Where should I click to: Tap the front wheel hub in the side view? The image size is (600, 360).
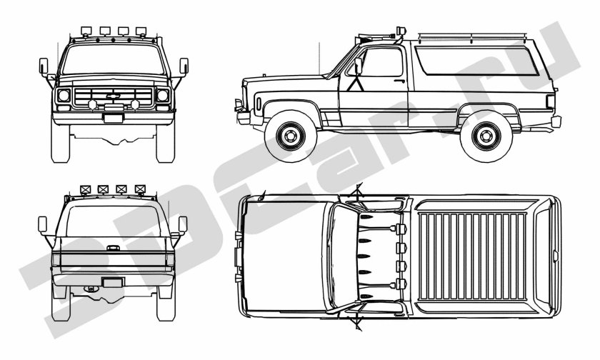[290, 135]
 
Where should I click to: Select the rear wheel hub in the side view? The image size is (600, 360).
[486, 135]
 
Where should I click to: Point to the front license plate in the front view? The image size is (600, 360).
[113, 118]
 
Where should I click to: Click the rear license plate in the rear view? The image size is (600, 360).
[112, 282]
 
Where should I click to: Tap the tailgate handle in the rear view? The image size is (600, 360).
[112, 248]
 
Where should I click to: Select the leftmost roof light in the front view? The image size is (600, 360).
[86, 31]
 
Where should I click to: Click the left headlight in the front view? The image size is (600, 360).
[64, 96]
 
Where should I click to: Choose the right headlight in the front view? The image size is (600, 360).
[162, 96]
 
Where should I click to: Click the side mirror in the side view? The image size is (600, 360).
[357, 68]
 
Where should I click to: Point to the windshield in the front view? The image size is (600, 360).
[113, 60]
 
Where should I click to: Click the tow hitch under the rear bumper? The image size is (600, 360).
[91, 289]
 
